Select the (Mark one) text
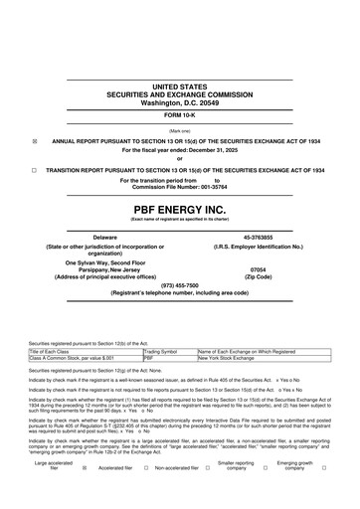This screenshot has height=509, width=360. pos(180,130)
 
